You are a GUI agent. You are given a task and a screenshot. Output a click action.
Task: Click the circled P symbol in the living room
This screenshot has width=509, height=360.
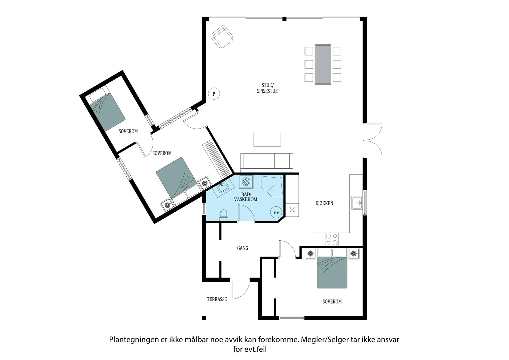point(214,94)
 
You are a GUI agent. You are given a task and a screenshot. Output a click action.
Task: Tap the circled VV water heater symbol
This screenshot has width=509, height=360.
point(276,212)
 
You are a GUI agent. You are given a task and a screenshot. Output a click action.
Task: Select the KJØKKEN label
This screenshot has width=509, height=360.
point(324,203)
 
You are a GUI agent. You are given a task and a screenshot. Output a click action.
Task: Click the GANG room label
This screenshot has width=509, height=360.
point(242,248)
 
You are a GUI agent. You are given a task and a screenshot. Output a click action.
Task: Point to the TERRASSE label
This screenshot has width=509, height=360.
point(217,299)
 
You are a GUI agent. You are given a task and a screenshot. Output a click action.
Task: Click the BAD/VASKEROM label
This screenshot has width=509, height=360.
point(246,197)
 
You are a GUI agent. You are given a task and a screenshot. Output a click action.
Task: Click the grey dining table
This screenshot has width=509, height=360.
point(323,64)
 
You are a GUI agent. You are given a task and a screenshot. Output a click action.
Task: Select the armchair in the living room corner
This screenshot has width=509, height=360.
point(222,37)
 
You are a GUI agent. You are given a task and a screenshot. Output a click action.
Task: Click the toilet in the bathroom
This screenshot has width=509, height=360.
point(224,214)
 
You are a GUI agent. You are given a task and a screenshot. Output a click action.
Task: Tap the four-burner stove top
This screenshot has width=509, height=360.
point(331,239)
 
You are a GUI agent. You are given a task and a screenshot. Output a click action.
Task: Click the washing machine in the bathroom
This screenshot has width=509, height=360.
point(246,182)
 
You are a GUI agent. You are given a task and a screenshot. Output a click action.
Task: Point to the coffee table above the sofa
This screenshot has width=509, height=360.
point(267,139)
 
